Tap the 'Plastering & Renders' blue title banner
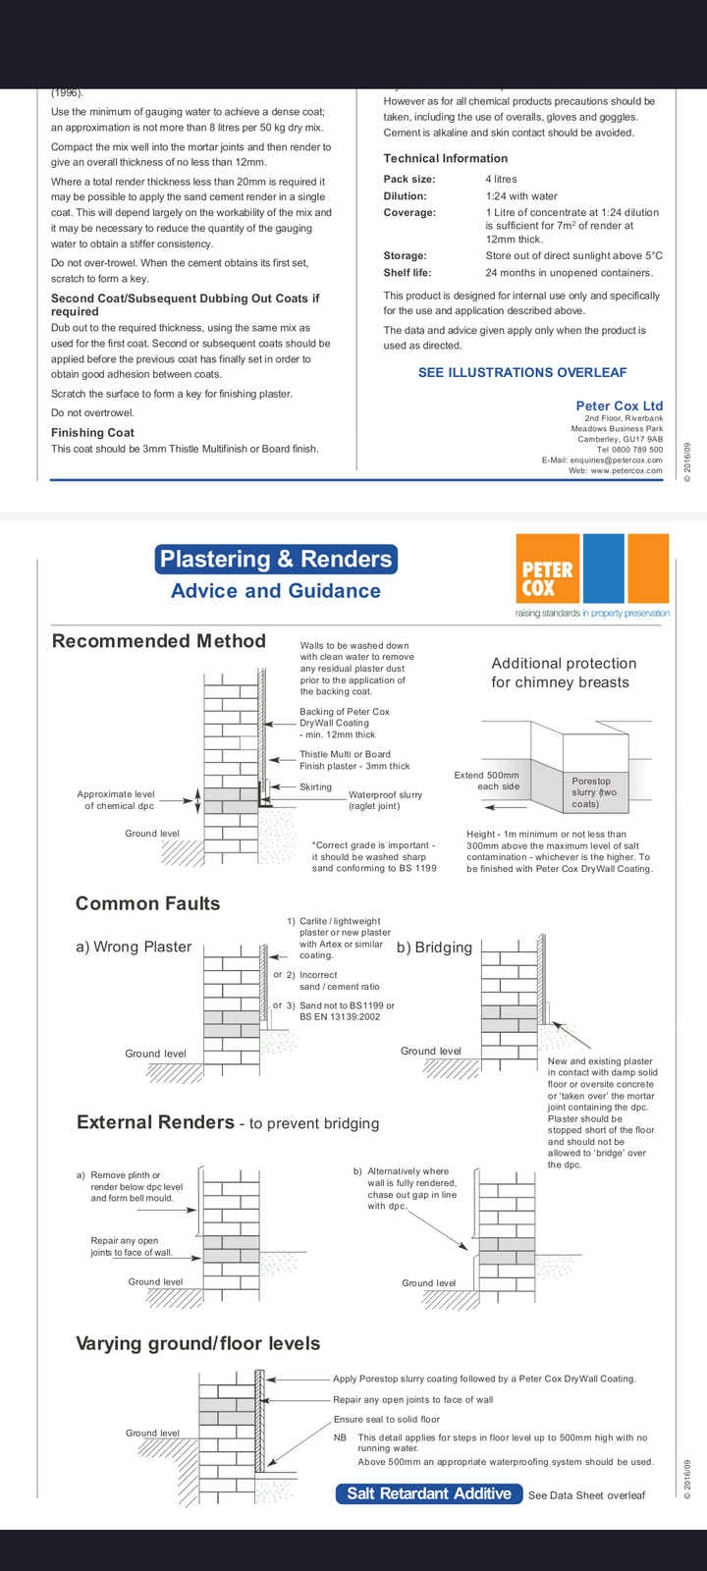pos(276,560)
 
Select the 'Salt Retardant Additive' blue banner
pos(429,1493)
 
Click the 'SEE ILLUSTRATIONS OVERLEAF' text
pos(522,372)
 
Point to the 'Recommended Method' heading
pos(159,641)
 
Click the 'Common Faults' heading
pos(148,903)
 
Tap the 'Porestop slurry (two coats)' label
pos(594,792)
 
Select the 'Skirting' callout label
pos(315,786)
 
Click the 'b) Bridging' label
pos(434,948)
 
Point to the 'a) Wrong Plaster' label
pos(134,948)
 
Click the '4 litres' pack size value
pos(501,180)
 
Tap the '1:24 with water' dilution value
pos(521,196)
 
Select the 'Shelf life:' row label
pos(408,273)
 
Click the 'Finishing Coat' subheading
pos(92,432)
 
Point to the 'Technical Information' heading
pos(446,158)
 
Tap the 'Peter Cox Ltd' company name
pos(619,406)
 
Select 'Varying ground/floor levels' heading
pos(198,1343)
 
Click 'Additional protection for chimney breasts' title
pos(563,673)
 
